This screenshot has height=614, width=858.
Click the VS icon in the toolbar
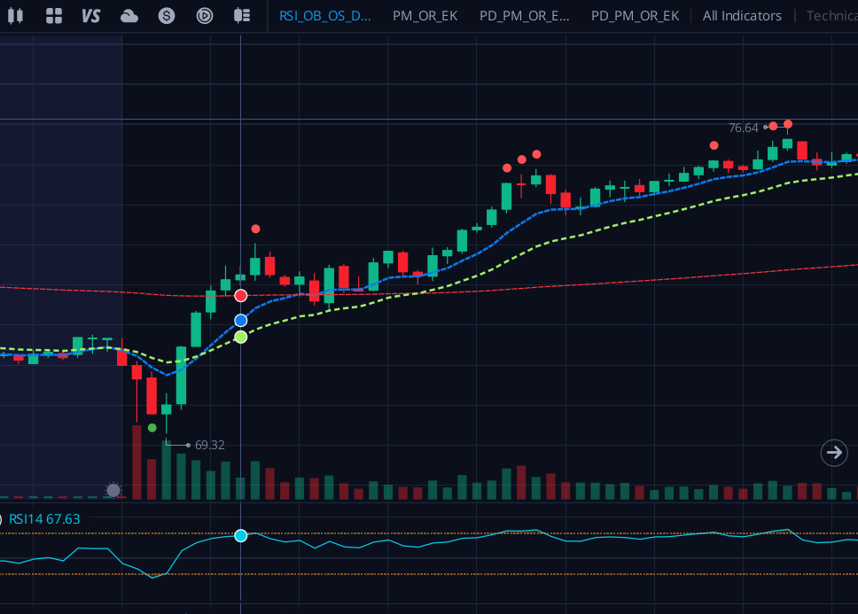coord(90,15)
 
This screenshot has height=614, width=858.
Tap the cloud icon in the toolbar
coord(129,15)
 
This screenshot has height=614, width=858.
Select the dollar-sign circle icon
coord(167,15)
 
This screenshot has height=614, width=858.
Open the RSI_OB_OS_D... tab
coord(324,15)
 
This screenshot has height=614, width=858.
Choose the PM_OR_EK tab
coord(425,15)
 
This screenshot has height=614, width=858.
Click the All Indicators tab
coord(742,15)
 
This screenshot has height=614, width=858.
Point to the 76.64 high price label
coord(743,128)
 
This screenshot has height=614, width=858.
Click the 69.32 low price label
coord(209,445)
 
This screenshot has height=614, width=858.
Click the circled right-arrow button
coord(833,453)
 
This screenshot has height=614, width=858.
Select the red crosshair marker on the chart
coord(240,295)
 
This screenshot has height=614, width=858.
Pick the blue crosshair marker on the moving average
coord(240,320)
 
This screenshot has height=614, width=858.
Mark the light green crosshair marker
coord(240,337)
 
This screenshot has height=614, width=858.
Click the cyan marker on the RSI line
coord(240,536)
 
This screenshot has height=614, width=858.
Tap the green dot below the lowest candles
coord(152,428)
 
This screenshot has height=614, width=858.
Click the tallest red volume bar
coord(136,462)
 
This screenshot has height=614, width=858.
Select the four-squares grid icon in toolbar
coord(54,15)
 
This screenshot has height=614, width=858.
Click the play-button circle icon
coord(205,15)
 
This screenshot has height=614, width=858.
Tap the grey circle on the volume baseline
coord(113,490)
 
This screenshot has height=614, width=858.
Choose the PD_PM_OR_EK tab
coord(635,15)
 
